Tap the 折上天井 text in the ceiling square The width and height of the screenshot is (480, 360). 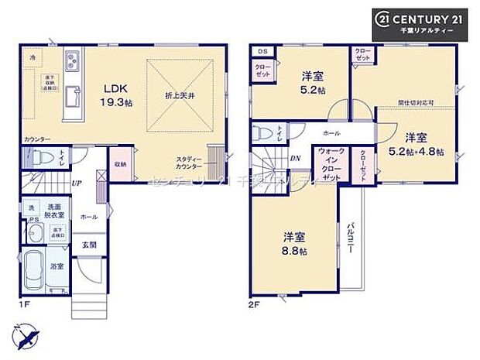click(178, 94)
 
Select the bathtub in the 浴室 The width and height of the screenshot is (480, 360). click(36, 272)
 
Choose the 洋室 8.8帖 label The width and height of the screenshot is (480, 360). click(293, 244)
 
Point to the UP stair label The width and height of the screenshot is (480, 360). click(77, 183)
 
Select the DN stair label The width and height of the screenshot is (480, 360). click(295, 158)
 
